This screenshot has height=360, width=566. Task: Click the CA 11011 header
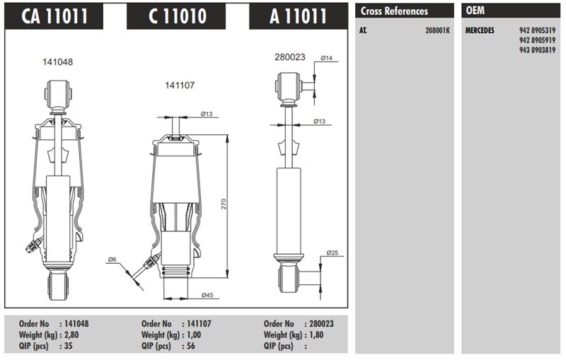(x=54, y=16)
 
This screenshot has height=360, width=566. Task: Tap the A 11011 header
(x=299, y=16)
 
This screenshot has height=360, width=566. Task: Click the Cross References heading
(x=394, y=11)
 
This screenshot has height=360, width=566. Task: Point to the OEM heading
(x=475, y=11)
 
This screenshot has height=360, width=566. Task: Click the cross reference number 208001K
(x=437, y=30)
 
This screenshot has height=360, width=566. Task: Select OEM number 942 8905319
(x=537, y=30)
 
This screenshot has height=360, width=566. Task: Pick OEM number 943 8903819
(x=537, y=50)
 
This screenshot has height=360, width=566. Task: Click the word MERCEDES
(x=480, y=30)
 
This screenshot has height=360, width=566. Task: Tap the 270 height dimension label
(x=224, y=204)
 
